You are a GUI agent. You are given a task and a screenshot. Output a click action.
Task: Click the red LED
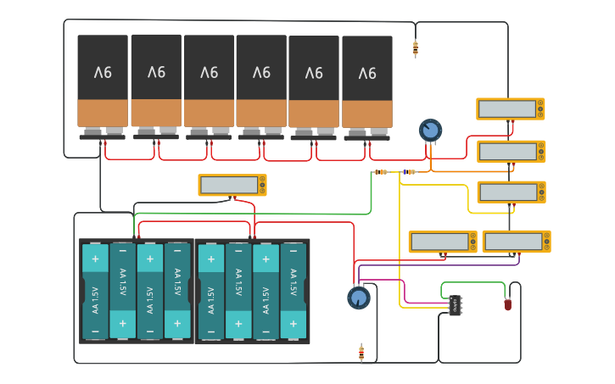[x=508, y=303]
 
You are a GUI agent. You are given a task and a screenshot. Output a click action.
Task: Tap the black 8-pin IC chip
[x=456, y=305]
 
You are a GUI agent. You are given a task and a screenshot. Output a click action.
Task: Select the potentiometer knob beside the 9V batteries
[x=430, y=131]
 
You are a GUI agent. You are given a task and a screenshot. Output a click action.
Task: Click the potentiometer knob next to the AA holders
[x=359, y=298]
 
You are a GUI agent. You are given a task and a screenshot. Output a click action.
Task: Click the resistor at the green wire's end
[x=381, y=172]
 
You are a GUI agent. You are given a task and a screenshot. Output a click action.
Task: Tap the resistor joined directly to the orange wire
[x=409, y=172]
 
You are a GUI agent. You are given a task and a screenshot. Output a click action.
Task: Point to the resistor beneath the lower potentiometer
[x=361, y=352]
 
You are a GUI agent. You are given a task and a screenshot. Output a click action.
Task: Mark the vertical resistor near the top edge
[x=415, y=48]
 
